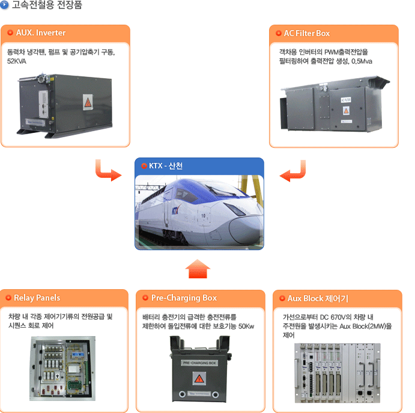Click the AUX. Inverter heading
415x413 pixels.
(x=41, y=32)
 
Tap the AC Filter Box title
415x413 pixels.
(x=307, y=33)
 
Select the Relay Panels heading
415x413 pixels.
(x=37, y=298)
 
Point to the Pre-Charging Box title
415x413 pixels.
(x=184, y=298)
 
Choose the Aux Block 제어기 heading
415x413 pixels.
(x=318, y=299)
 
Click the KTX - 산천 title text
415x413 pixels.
(x=166, y=166)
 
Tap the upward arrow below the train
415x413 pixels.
(x=198, y=269)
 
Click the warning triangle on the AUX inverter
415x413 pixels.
(x=88, y=103)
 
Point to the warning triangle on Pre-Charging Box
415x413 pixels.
(x=199, y=379)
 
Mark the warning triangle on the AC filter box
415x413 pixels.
(x=346, y=111)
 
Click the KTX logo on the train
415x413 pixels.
(x=175, y=210)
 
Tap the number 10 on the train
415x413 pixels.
(x=203, y=216)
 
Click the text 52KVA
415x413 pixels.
(x=17, y=61)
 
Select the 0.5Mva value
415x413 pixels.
(x=362, y=61)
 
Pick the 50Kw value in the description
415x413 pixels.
(x=246, y=326)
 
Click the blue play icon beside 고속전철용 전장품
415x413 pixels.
(x=4, y=5)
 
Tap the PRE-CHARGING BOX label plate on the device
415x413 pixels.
(x=199, y=363)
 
